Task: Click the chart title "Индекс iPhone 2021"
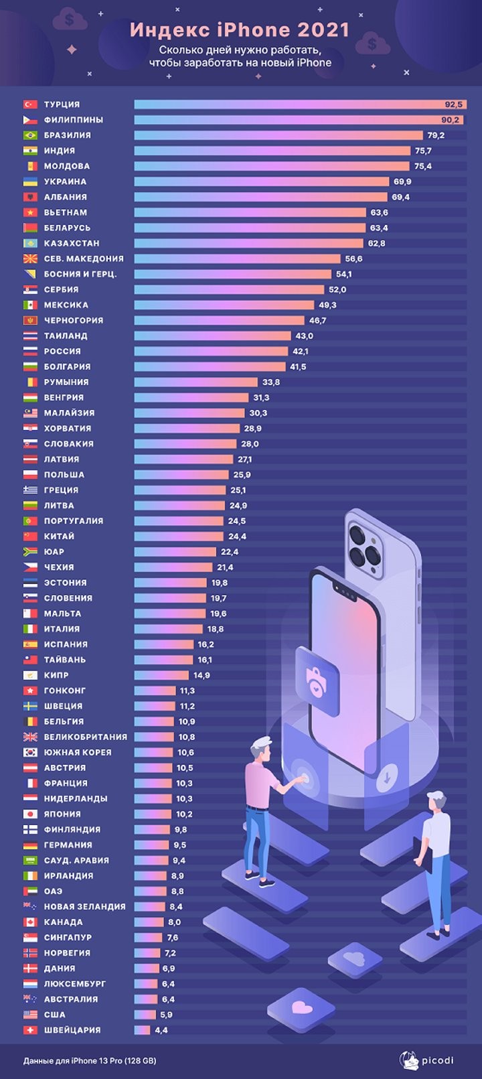240,30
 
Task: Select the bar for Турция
299,104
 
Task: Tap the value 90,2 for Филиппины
450,120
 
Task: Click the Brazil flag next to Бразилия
30,135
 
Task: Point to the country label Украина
65,182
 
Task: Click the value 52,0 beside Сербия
337,290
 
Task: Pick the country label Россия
62,352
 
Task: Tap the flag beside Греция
30,490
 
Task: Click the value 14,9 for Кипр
202,675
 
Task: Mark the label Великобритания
85,737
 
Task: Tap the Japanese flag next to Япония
30,814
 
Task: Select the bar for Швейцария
142,1030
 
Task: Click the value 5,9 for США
166,1015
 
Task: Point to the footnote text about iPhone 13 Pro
89,1061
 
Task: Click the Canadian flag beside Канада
30,922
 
